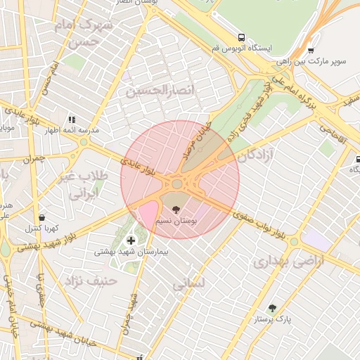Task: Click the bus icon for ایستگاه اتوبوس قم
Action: coord(242,37)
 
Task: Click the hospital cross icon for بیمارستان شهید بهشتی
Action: coord(131,240)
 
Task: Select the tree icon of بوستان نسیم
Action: coord(174,209)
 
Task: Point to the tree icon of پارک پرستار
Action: coord(272,308)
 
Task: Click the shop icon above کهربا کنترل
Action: coord(44,217)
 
